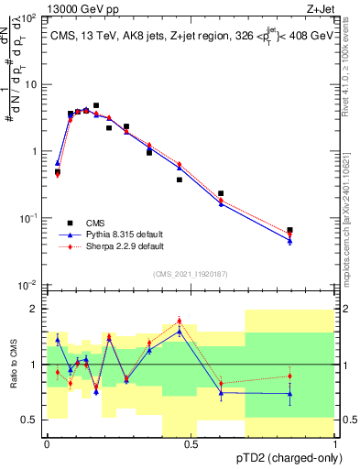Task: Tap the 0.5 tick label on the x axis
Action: click(191, 443)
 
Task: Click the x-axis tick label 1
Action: click(335, 443)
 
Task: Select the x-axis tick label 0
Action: click(47, 443)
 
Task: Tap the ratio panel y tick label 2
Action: click(38, 309)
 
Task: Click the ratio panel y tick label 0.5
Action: click(34, 420)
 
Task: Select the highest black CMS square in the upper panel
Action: click(96, 106)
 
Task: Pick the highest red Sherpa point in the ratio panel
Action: click(179, 322)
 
